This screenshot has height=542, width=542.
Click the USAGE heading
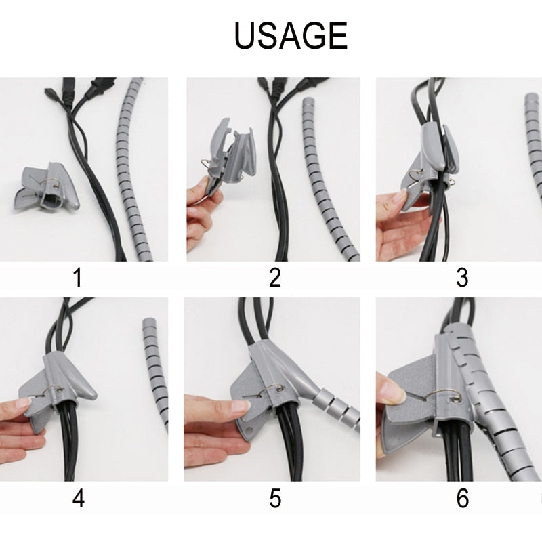[x=291, y=36]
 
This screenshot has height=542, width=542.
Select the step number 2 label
[x=274, y=277]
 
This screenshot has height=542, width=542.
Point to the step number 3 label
[x=463, y=277]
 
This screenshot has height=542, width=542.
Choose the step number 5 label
[x=274, y=499]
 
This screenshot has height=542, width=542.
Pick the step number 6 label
[x=463, y=499]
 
